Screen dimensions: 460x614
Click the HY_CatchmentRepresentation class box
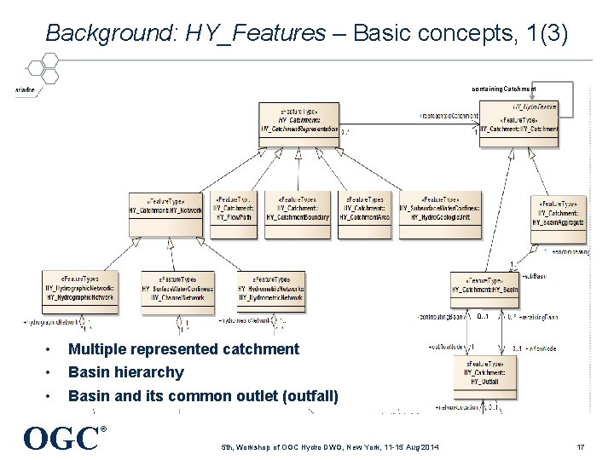pos(300,124)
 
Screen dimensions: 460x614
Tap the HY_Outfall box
pos(485,371)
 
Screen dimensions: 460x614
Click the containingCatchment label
pos(503,89)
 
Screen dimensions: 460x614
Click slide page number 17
pos(579,446)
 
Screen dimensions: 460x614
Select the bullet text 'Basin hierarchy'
pos(125,372)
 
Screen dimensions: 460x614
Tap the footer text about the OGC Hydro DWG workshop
pos(330,446)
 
